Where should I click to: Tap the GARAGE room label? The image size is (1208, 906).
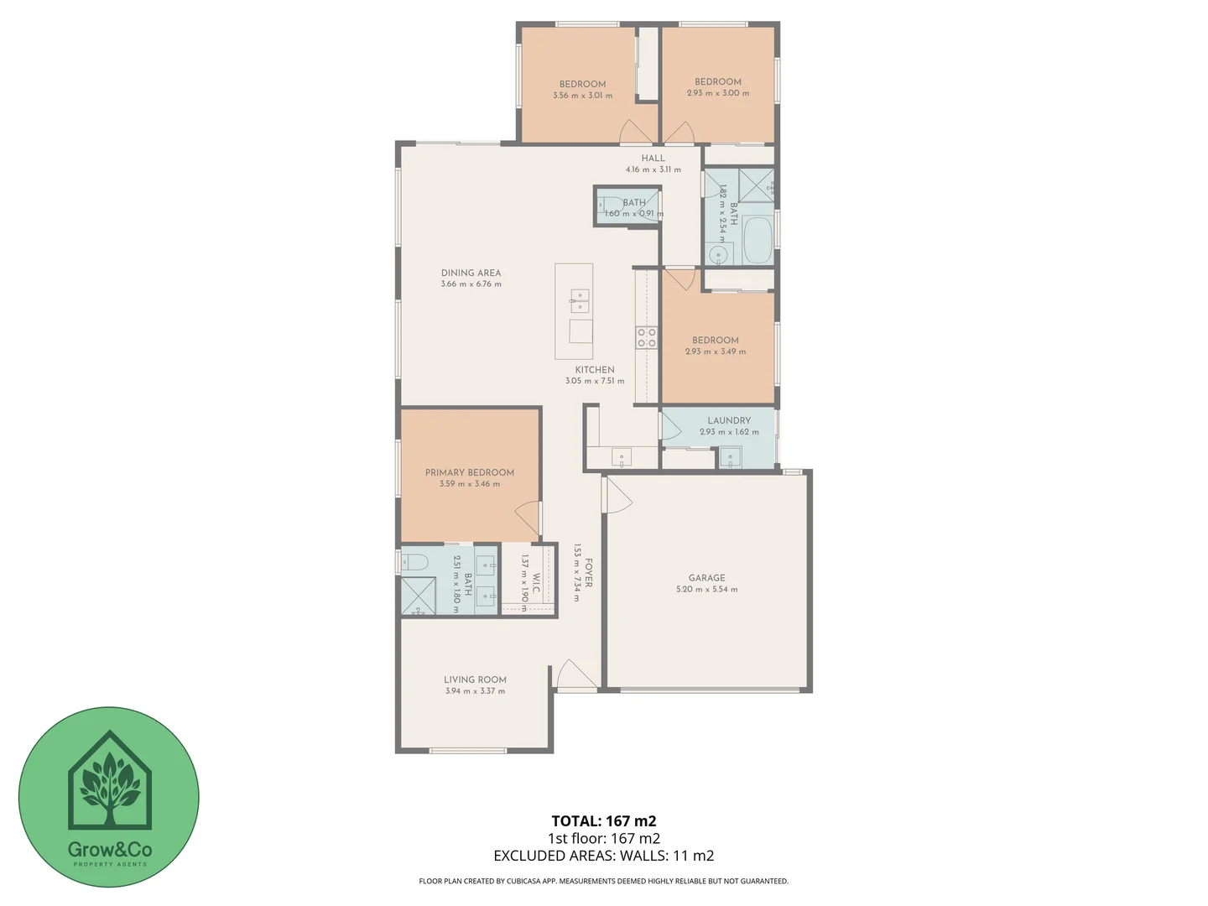coord(706,578)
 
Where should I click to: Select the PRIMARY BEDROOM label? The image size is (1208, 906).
coord(469,472)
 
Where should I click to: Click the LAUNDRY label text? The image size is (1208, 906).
coord(728,420)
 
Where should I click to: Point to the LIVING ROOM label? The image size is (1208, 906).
coord(475,679)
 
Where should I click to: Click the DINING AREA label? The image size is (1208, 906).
coord(471,273)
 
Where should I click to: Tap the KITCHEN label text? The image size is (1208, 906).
coord(595,369)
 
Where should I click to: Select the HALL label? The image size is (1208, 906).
coord(653,158)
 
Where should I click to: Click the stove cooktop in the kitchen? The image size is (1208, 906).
coord(646,337)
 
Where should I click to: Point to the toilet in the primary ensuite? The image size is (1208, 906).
coord(414,562)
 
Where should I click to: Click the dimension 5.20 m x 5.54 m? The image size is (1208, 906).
coord(706,590)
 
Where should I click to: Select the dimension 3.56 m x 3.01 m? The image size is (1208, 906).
coord(582,96)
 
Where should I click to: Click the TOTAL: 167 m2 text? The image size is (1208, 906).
coord(603,821)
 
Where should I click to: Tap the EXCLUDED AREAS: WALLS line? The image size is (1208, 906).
coord(603,856)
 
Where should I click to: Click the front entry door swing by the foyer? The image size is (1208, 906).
coord(575,674)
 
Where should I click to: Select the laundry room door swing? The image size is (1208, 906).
coord(670,425)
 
